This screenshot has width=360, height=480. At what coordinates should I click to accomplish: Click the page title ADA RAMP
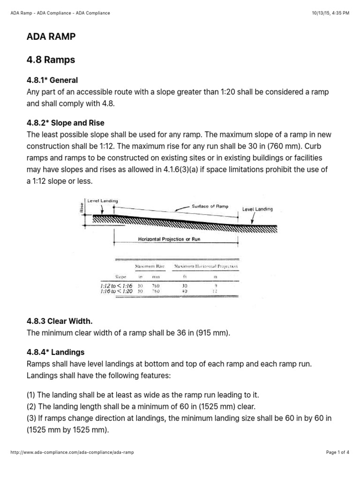[x=51, y=37]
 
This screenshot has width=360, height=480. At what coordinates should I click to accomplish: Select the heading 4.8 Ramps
[x=51, y=60]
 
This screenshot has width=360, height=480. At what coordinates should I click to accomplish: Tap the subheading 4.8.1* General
[x=52, y=80]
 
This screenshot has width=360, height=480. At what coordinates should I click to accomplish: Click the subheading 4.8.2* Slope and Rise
[x=66, y=123]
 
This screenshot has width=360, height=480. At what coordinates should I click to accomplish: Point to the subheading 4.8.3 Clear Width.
[x=60, y=321]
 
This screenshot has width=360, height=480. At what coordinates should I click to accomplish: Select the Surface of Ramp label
[x=210, y=206]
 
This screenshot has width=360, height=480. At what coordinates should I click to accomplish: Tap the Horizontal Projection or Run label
[x=169, y=239]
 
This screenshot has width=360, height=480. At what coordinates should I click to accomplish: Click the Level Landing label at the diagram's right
[x=257, y=209]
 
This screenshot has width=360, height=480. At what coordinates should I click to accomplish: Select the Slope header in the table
[x=121, y=277]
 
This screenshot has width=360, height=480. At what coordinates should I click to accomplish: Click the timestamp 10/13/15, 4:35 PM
[x=330, y=13]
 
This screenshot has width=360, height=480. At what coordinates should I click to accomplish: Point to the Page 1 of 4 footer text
[x=337, y=452]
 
